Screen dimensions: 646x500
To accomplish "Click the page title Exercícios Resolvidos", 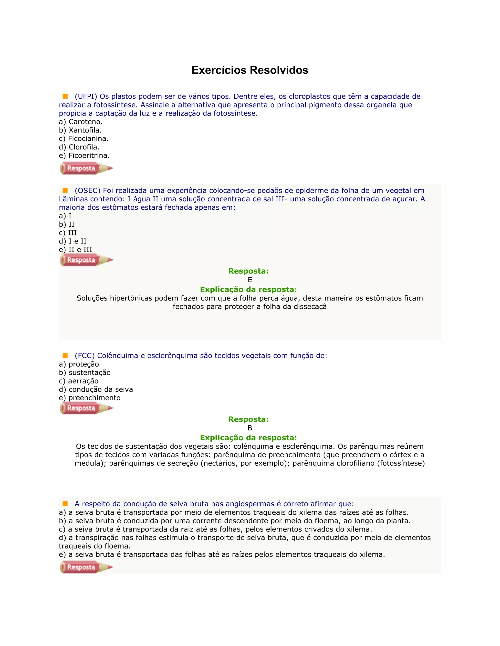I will (x=250, y=70).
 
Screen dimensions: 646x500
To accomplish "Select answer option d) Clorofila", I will (x=79, y=147).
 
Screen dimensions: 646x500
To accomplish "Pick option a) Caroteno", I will (x=81, y=122).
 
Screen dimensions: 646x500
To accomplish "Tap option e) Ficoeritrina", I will (x=84, y=156).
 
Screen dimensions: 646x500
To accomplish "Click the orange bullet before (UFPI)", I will (x=65, y=96).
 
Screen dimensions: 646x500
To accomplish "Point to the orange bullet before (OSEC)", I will (x=65, y=190).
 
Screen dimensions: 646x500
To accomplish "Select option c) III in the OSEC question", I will (x=68, y=233).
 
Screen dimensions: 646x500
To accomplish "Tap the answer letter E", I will (x=250, y=280).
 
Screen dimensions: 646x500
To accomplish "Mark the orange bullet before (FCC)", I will (x=65, y=355).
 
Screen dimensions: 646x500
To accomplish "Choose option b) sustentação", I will (x=85, y=373).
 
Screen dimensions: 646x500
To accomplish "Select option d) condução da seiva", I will (x=96, y=390).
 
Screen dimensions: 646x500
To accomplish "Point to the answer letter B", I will (x=250, y=428).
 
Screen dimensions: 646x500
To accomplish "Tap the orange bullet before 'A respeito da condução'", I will (x=65, y=503).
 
